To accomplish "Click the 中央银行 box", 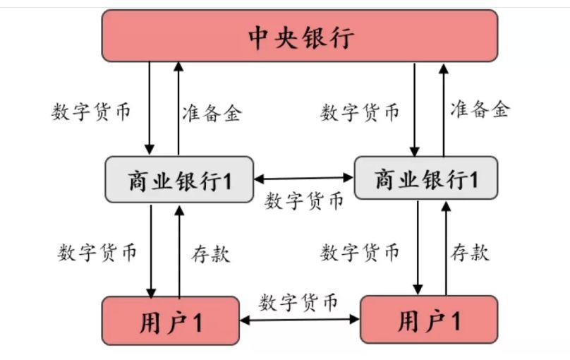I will [300, 36].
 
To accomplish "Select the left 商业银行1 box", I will [178, 179].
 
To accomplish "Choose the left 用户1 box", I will [170, 320].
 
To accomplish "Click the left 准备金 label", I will [212, 113].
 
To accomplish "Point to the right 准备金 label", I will [480, 109].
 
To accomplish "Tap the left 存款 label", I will [210, 253].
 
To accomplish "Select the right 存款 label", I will [470, 252].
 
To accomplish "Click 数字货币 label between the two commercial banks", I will [304, 201].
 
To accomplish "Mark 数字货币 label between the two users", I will [298, 302].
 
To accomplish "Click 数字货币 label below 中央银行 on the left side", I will [91, 112].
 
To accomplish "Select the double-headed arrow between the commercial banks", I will [303, 179].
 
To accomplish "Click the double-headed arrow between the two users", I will [300, 319].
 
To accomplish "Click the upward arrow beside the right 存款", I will [446, 247].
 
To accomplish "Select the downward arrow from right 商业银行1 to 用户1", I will [418, 247].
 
